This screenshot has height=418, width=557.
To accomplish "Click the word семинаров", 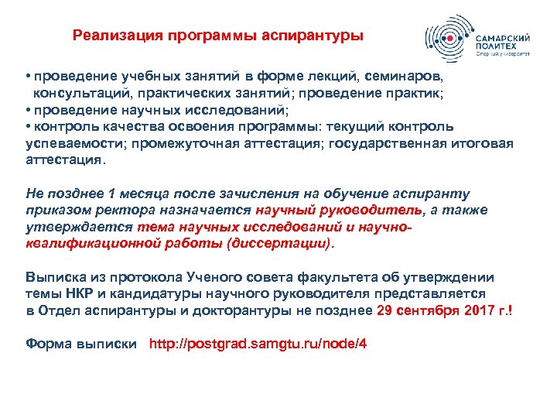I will point(408,77).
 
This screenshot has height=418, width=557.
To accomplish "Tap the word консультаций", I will point(76,94).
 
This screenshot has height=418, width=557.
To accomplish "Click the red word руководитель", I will point(371,211).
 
